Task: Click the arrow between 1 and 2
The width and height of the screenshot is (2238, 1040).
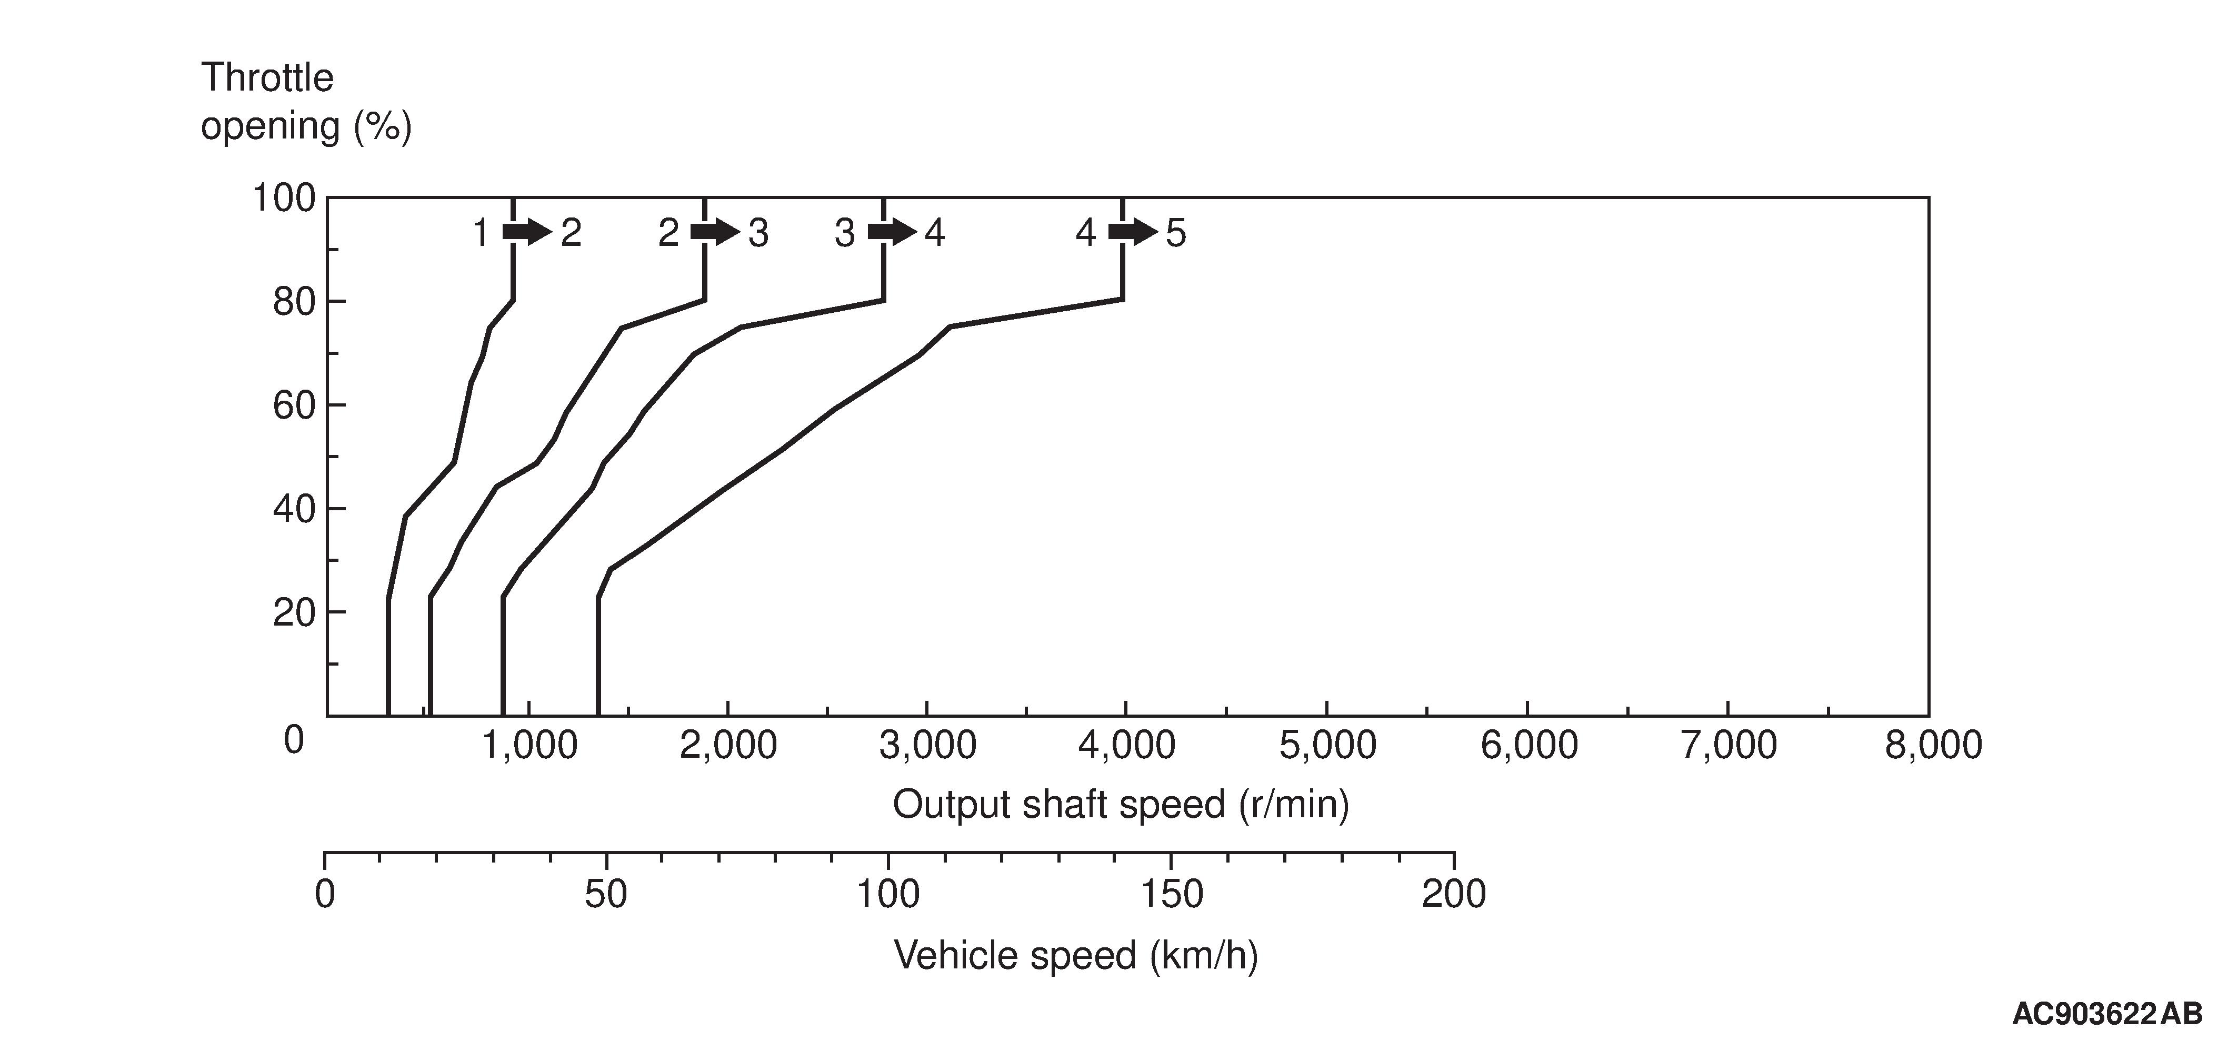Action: click(x=526, y=232)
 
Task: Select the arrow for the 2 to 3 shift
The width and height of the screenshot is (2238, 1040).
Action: click(x=714, y=232)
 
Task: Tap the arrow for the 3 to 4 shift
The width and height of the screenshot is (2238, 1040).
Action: click(x=892, y=232)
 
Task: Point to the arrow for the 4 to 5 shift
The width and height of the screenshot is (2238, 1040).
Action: click(x=1132, y=232)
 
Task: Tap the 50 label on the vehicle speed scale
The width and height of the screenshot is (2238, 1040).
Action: click(x=605, y=894)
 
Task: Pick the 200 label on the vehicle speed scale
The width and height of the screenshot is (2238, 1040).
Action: click(x=1453, y=894)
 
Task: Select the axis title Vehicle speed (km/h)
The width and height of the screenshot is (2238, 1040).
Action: click(x=1075, y=956)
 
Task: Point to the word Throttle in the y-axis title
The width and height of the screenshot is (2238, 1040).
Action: click(x=267, y=78)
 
